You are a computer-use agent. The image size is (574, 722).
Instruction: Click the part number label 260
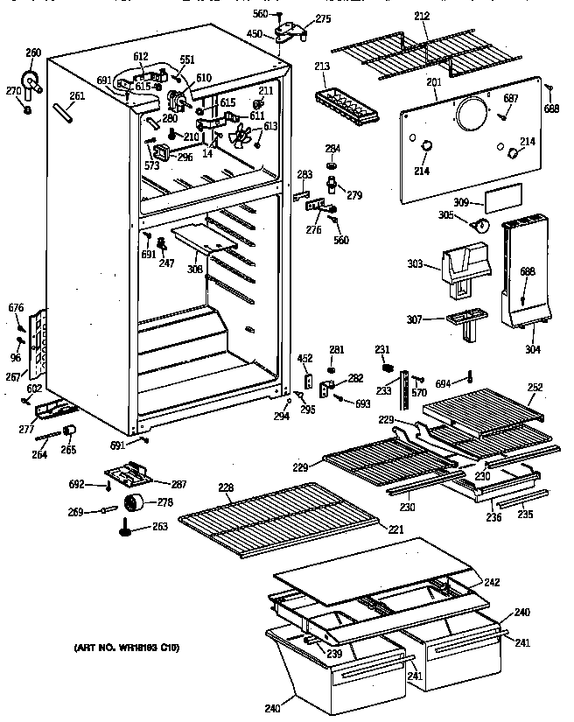pyautogui.click(x=33, y=53)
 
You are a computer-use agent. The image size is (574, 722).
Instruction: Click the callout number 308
pyautogui.click(x=195, y=269)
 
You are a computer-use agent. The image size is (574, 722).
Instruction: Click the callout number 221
pyautogui.click(x=395, y=529)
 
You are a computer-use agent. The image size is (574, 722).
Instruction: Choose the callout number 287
pyautogui.click(x=178, y=484)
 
